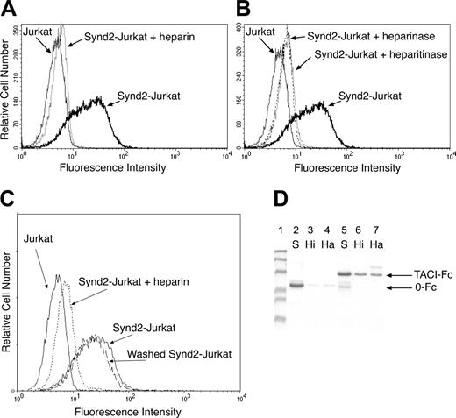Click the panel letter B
click(239, 8)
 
